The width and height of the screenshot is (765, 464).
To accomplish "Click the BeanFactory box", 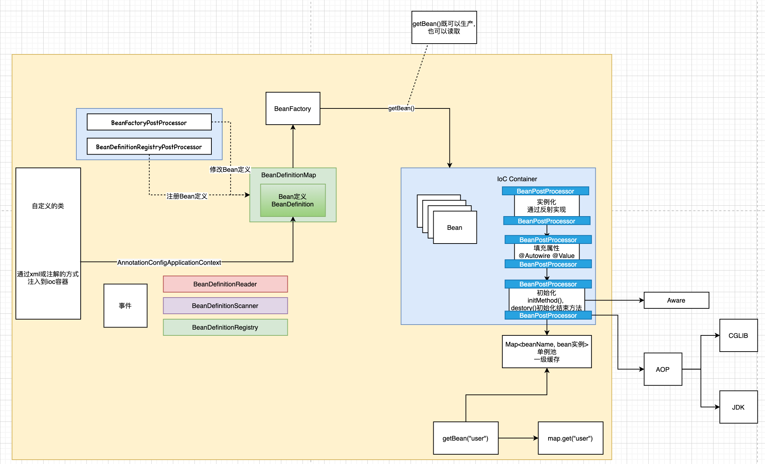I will (x=292, y=108).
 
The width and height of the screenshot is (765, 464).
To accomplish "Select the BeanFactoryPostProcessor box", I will (x=149, y=122).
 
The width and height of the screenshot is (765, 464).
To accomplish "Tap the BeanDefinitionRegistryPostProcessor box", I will (x=149, y=147).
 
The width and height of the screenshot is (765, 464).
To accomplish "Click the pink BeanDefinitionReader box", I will (x=225, y=284).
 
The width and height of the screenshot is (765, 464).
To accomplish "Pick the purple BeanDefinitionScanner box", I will (x=225, y=305).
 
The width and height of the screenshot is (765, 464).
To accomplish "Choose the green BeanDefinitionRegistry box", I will (x=225, y=327).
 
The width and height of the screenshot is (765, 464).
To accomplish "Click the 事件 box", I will (x=125, y=305).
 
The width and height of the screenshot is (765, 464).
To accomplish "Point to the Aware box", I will (x=676, y=300).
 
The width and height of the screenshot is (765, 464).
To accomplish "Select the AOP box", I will (x=663, y=369).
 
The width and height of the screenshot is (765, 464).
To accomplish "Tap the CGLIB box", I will (x=738, y=335).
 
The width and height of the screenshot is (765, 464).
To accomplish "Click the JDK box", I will (x=738, y=407).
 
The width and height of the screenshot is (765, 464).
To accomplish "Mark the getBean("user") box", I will (x=465, y=438).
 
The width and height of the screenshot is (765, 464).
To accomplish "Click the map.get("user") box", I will (x=570, y=438).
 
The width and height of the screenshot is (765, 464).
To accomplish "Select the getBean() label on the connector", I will (x=401, y=108).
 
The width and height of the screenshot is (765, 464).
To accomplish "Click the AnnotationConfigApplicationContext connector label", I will (x=169, y=262).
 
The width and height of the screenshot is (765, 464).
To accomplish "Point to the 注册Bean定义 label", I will (x=187, y=196).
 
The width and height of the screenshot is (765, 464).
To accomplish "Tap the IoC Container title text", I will (x=517, y=179).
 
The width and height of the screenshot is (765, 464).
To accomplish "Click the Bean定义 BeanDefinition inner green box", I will (x=292, y=200).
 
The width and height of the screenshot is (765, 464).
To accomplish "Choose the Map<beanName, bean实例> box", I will (x=547, y=352).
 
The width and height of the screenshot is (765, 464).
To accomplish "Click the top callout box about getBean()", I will (x=444, y=27).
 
